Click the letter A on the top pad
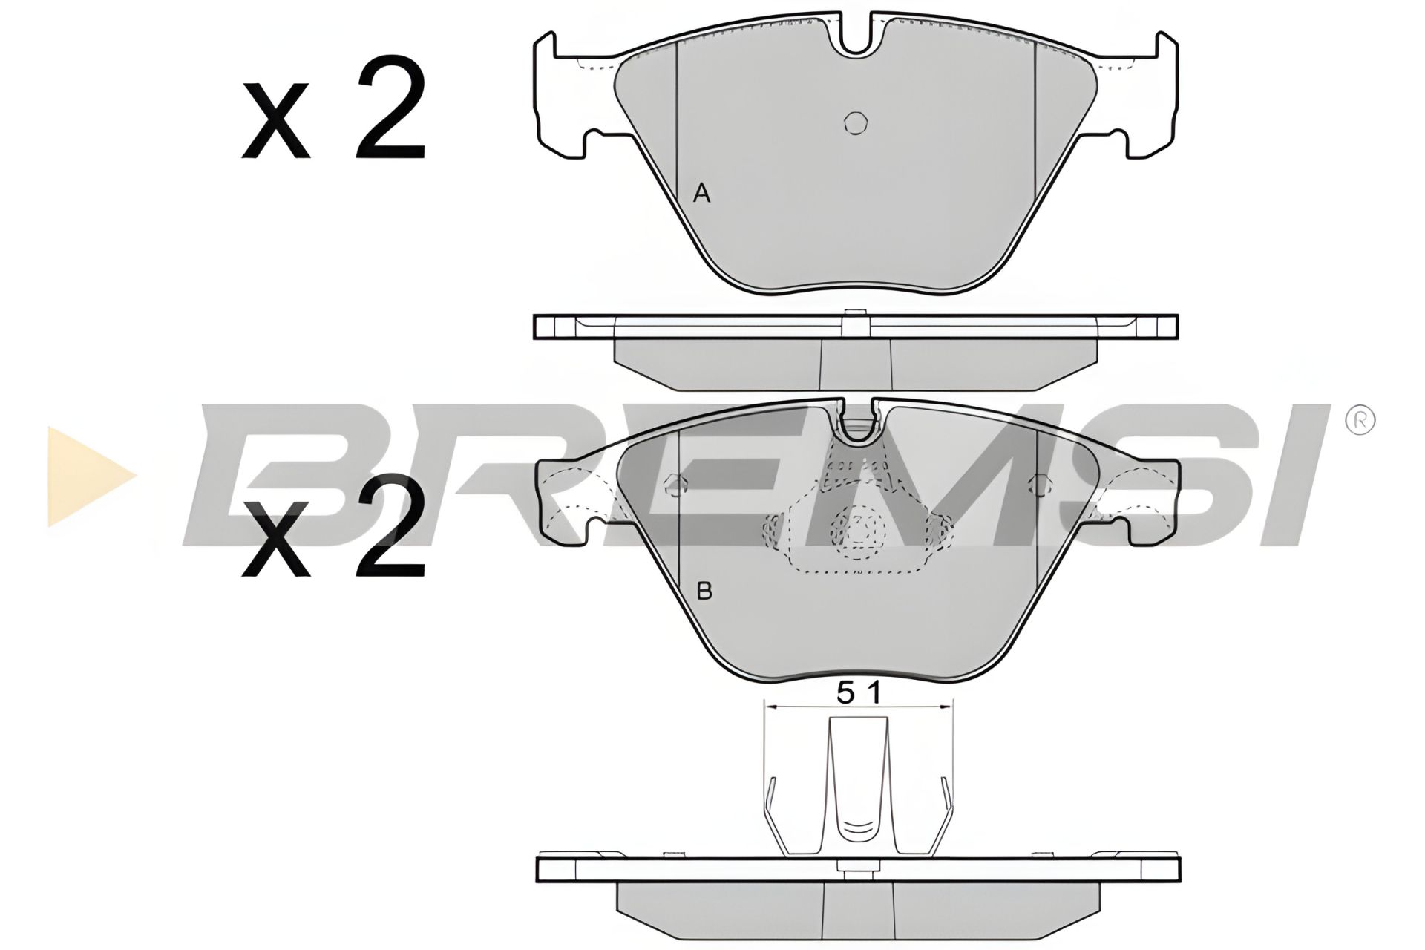[701, 194]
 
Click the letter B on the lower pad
[704, 592]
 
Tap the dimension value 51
[858, 693]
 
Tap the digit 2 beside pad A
[390, 108]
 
